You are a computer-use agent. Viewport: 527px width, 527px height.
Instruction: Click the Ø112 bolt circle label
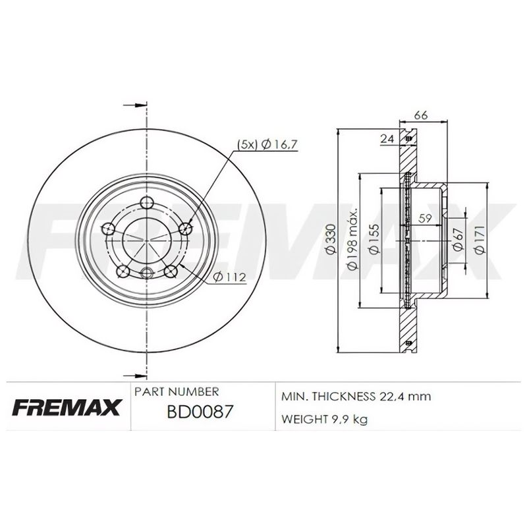tap(230, 277)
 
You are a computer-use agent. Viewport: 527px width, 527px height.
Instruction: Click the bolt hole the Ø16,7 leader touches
tap(185, 229)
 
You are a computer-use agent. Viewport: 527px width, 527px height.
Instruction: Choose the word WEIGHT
tap(302, 418)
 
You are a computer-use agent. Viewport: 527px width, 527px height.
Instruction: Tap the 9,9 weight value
tap(338, 418)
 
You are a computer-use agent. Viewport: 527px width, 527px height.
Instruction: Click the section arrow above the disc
tap(135, 105)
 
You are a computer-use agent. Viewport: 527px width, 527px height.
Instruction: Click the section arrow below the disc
tap(135, 371)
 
